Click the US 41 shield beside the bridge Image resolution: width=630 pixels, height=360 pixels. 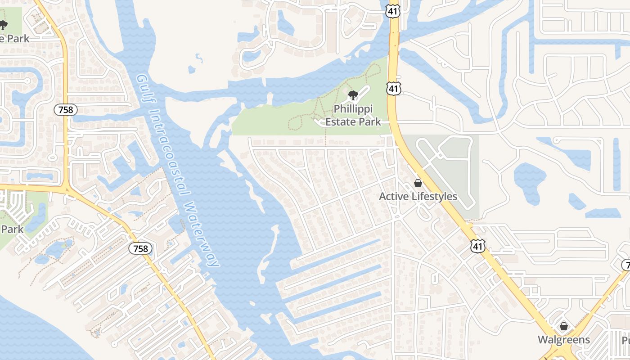(393, 11)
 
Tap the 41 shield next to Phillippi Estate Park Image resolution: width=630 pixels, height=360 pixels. (394, 89)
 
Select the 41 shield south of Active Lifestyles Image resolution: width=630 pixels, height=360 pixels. (478, 246)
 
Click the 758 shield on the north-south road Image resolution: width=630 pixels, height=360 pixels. (66, 109)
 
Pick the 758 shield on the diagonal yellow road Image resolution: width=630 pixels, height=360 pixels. (140, 248)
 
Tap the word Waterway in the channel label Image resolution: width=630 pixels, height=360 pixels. (202, 234)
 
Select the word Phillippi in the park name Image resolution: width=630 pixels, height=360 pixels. (353, 109)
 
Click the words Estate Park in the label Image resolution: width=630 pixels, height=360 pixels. (353, 121)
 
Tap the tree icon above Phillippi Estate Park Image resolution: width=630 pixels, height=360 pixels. (353, 95)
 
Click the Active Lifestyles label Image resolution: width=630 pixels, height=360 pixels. (418, 197)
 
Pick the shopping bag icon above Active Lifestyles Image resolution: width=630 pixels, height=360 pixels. (418, 183)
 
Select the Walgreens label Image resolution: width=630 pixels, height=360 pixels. (564, 339)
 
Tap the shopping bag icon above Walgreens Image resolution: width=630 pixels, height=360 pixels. (564, 326)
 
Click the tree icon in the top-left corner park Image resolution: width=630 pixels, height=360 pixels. (4, 25)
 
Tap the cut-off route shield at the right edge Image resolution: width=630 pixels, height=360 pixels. (626, 265)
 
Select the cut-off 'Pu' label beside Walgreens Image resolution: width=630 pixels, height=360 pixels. (625, 340)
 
